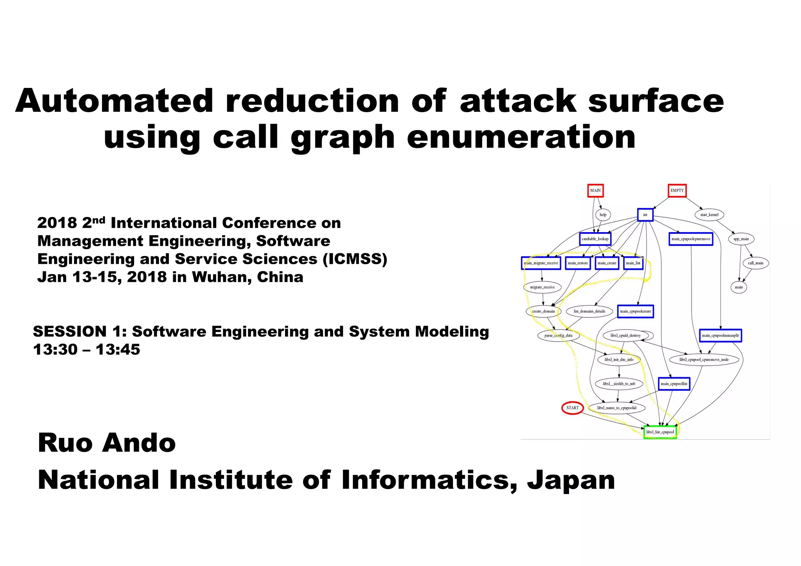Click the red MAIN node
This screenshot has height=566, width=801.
595,191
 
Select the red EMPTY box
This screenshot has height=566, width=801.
677,191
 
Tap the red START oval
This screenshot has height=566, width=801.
573,408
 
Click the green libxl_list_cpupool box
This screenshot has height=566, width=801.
660,432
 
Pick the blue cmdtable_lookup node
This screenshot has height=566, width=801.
595,239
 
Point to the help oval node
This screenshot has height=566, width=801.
603,215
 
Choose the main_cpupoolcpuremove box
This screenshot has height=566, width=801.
691,239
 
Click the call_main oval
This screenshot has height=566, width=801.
755,263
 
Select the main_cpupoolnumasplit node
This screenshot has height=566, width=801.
720,335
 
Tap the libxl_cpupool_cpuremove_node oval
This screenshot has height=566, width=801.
704,360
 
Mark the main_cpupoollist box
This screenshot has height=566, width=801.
674,384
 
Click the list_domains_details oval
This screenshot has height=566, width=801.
589,312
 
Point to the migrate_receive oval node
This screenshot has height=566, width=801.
542,287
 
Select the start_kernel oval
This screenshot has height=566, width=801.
709,215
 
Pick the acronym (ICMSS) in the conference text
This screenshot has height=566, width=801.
355,259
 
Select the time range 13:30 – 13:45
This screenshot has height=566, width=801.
86,349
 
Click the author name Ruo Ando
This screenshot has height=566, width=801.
107,443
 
